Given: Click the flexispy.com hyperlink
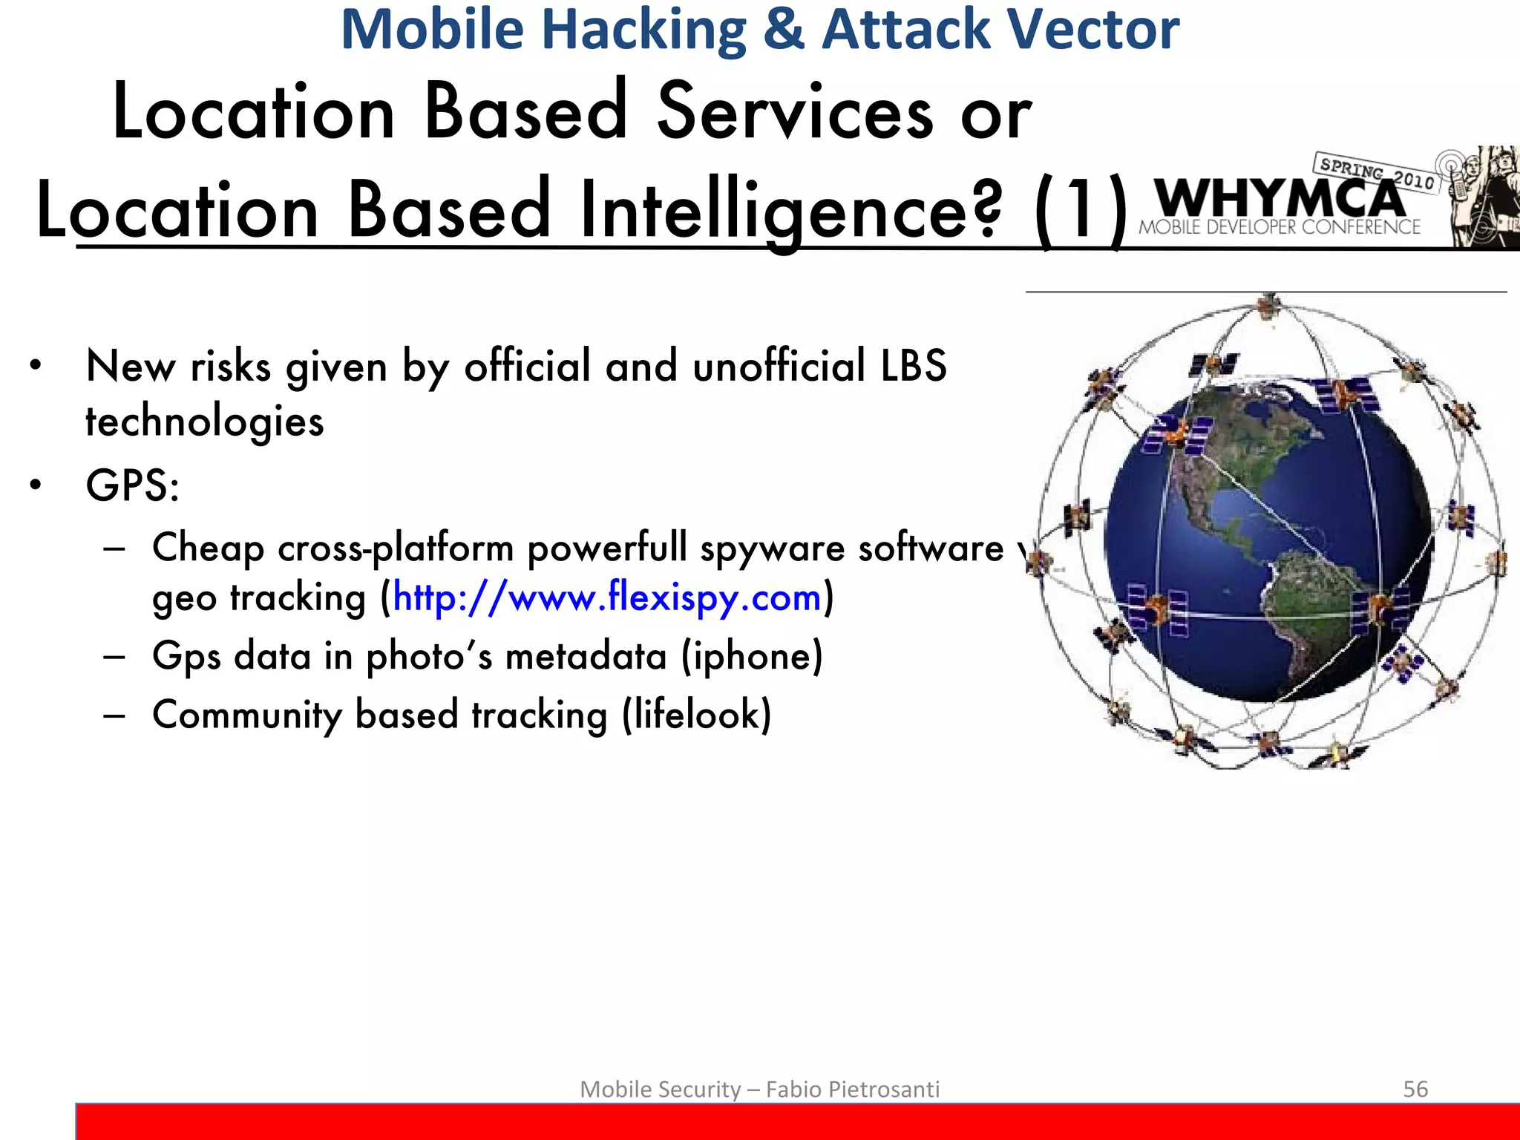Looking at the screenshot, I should click(x=607, y=597).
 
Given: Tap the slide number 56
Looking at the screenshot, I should click(x=1415, y=1089).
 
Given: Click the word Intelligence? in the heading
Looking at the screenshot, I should click(x=790, y=212).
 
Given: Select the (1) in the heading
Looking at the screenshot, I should click(x=1080, y=212).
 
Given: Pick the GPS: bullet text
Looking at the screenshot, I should click(x=132, y=486).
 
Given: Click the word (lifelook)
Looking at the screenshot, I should click(x=696, y=715).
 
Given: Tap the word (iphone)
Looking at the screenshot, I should click(x=752, y=656).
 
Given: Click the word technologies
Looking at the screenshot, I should click(x=205, y=422).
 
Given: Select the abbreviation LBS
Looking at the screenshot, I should click(x=913, y=366).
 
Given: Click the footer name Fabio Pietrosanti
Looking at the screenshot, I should click(x=852, y=1089).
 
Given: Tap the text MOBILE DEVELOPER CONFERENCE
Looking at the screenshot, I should click(x=1280, y=227).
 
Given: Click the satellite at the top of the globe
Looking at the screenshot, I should click(x=1270, y=304).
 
